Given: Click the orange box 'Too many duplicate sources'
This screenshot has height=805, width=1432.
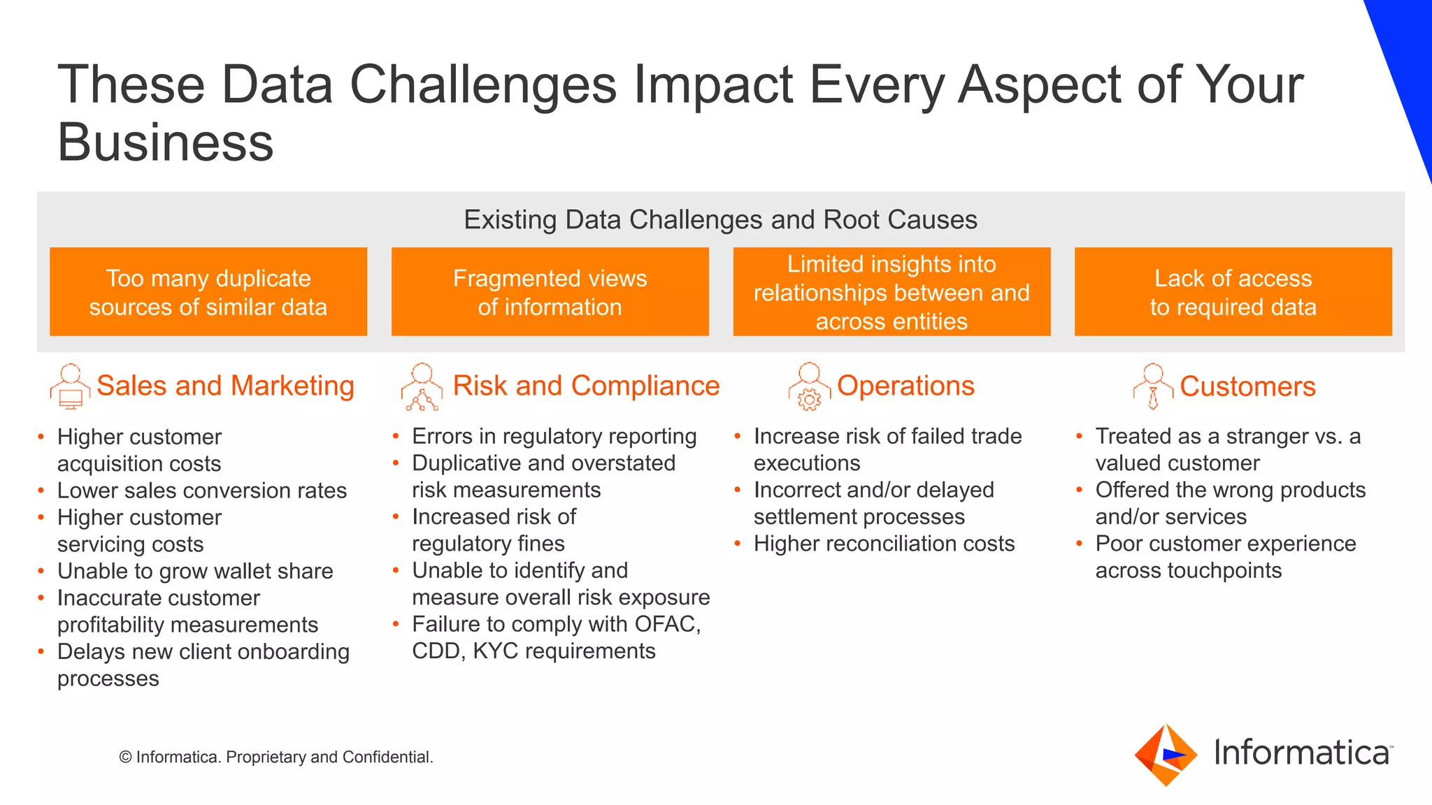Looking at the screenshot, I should click(x=208, y=292).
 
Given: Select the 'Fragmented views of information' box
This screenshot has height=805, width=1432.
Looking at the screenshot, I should click(x=550, y=292).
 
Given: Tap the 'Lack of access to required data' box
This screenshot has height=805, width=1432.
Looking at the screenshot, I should click(x=1233, y=292).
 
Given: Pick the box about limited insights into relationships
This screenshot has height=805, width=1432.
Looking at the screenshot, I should click(x=892, y=292).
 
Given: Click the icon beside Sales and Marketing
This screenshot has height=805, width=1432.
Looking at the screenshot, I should click(x=70, y=386).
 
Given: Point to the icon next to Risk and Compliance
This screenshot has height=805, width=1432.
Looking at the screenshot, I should click(x=422, y=386).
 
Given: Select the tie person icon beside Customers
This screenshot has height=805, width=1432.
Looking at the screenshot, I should click(x=1153, y=386).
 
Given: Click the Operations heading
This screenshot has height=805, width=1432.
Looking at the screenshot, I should click(x=905, y=386).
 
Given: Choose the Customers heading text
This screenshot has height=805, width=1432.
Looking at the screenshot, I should click(x=1247, y=386).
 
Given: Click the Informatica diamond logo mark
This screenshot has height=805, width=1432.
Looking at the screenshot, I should click(x=1165, y=755).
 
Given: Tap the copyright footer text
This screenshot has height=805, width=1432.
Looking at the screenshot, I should click(x=276, y=757).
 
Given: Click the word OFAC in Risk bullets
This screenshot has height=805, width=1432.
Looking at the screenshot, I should click(x=665, y=624).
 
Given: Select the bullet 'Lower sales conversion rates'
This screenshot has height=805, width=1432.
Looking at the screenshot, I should click(x=201, y=491).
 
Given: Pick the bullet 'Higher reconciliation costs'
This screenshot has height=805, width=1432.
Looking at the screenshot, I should click(x=884, y=544).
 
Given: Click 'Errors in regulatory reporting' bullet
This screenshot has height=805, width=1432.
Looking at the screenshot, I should click(x=554, y=436).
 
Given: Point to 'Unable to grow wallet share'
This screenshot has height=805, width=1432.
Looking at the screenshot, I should click(x=195, y=571).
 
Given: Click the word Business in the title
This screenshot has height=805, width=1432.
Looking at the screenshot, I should click(x=165, y=142).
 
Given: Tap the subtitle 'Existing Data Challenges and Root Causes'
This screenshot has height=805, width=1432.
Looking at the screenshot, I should click(x=720, y=219).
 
